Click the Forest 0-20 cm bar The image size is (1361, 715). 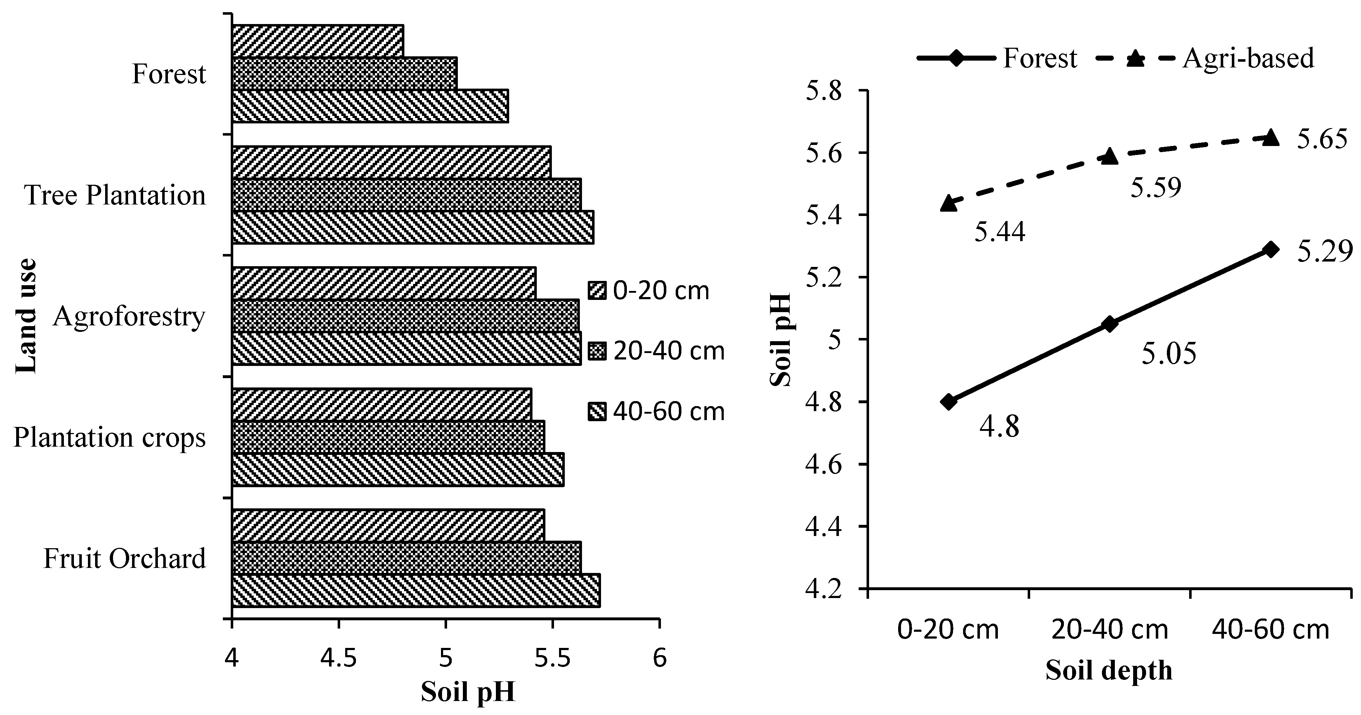point(318,41)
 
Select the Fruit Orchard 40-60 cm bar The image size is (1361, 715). point(416,591)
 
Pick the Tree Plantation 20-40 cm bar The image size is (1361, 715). point(406,195)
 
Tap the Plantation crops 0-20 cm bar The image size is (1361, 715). point(381,405)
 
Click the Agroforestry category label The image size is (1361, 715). point(129,317)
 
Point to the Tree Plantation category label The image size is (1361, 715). point(115,196)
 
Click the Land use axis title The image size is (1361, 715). point(25,316)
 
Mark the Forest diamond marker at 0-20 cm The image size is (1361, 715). point(949,402)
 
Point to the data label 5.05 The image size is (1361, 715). point(1169,354)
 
